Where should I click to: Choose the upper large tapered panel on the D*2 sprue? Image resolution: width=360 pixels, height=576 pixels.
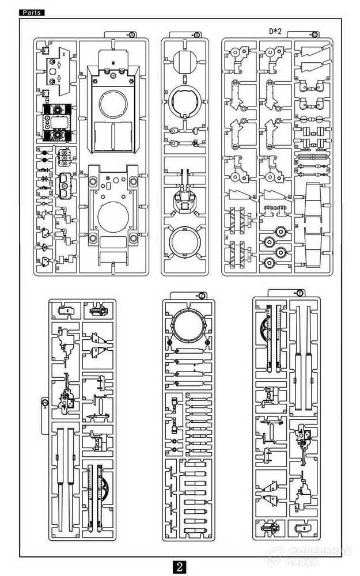[x=312, y=201]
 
